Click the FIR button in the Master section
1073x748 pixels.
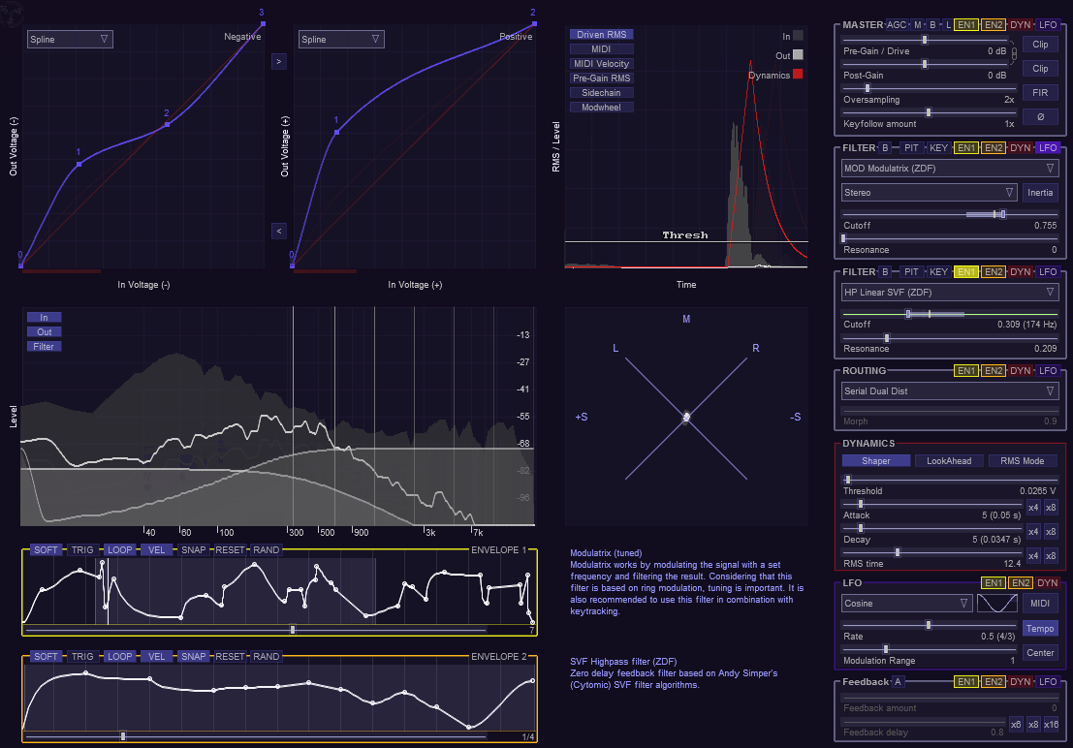click(1040, 93)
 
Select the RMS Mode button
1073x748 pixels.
click(1023, 461)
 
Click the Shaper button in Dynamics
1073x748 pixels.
click(876, 461)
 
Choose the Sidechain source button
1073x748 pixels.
click(601, 93)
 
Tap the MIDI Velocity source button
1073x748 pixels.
click(601, 64)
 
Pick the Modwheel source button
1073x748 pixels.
click(601, 108)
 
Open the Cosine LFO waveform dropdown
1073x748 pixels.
click(907, 604)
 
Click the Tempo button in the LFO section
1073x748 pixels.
click(1040, 628)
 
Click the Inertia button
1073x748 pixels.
click(1040, 193)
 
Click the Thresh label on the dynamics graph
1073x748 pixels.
click(685, 235)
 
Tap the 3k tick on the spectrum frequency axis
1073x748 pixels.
click(429, 532)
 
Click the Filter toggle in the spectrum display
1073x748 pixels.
click(44, 347)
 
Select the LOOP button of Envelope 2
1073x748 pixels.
click(119, 657)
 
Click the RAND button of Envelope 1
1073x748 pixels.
click(266, 550)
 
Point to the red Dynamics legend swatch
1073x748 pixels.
click(798, 75)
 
